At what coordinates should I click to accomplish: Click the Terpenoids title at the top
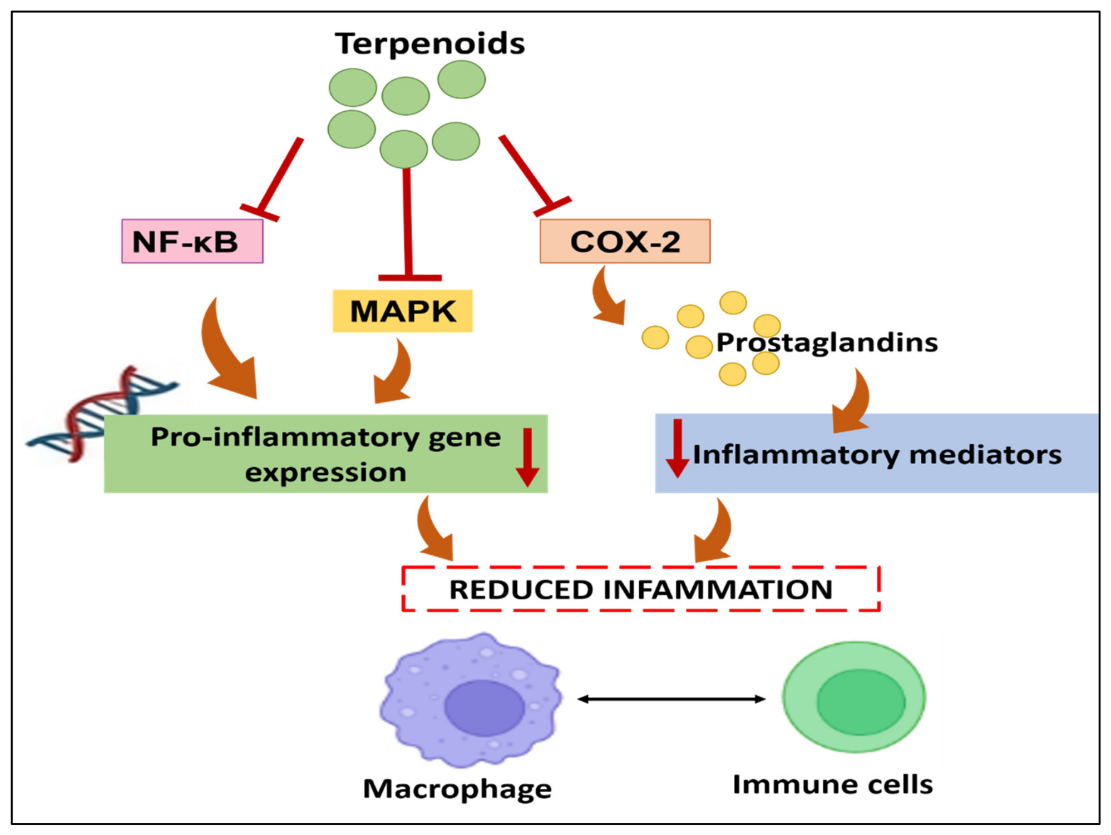429,44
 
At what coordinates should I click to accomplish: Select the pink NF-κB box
192,241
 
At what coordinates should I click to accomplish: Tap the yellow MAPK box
403,311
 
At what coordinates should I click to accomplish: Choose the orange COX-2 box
625,241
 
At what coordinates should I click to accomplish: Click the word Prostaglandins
827,343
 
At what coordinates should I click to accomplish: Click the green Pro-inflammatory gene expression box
326,454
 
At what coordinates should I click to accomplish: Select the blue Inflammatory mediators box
877,453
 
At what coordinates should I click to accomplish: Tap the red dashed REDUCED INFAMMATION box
641,589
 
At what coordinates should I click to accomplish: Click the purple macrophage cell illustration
471,700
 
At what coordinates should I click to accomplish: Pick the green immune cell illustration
854,697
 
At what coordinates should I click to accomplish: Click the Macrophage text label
457,789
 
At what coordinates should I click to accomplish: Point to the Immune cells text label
832,784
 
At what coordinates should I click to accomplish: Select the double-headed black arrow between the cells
671,699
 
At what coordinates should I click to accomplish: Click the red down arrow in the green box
527,458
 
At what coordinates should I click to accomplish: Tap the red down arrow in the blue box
678,449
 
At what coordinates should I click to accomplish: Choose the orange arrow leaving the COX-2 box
606,297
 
